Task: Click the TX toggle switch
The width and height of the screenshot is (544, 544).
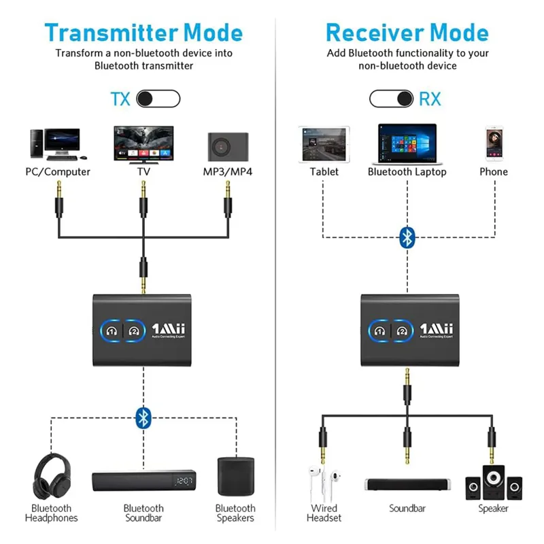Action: click(x=158, y=99)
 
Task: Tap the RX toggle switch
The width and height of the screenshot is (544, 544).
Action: click(x=391, y=99)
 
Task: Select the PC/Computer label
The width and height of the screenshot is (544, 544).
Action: click(x=58, y=172)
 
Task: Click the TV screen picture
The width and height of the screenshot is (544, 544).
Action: click(x=143, y=143)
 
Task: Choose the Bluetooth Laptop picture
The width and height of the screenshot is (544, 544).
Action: click(x=407, y=143)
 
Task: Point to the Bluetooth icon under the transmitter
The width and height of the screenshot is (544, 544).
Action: click(x=143, y=417)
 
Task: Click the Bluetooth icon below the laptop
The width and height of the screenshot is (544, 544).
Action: click(x=407, y=237)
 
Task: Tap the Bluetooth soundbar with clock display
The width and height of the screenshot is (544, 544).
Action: click(x=143, y=482)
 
